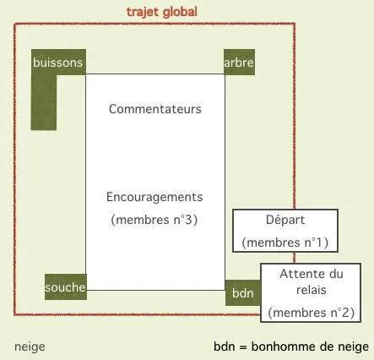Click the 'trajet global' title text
[161, 13]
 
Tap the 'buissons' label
[58, 63]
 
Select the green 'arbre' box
[239, 62]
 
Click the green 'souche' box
[66, 286]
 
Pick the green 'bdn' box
[243, 293]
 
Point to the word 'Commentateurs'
[155, 109]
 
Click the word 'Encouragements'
[154, 198]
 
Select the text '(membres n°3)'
[154, 220]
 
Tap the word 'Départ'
[285, 220]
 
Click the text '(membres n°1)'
[285, 243]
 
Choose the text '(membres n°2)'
[311, 313]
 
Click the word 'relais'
[312, 290]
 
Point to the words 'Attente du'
[312, 274]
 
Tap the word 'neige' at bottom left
[30, 347]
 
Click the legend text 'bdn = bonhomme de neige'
[291, 346]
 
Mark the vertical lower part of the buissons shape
[44, 102]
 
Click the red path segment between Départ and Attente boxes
[295, 258]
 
